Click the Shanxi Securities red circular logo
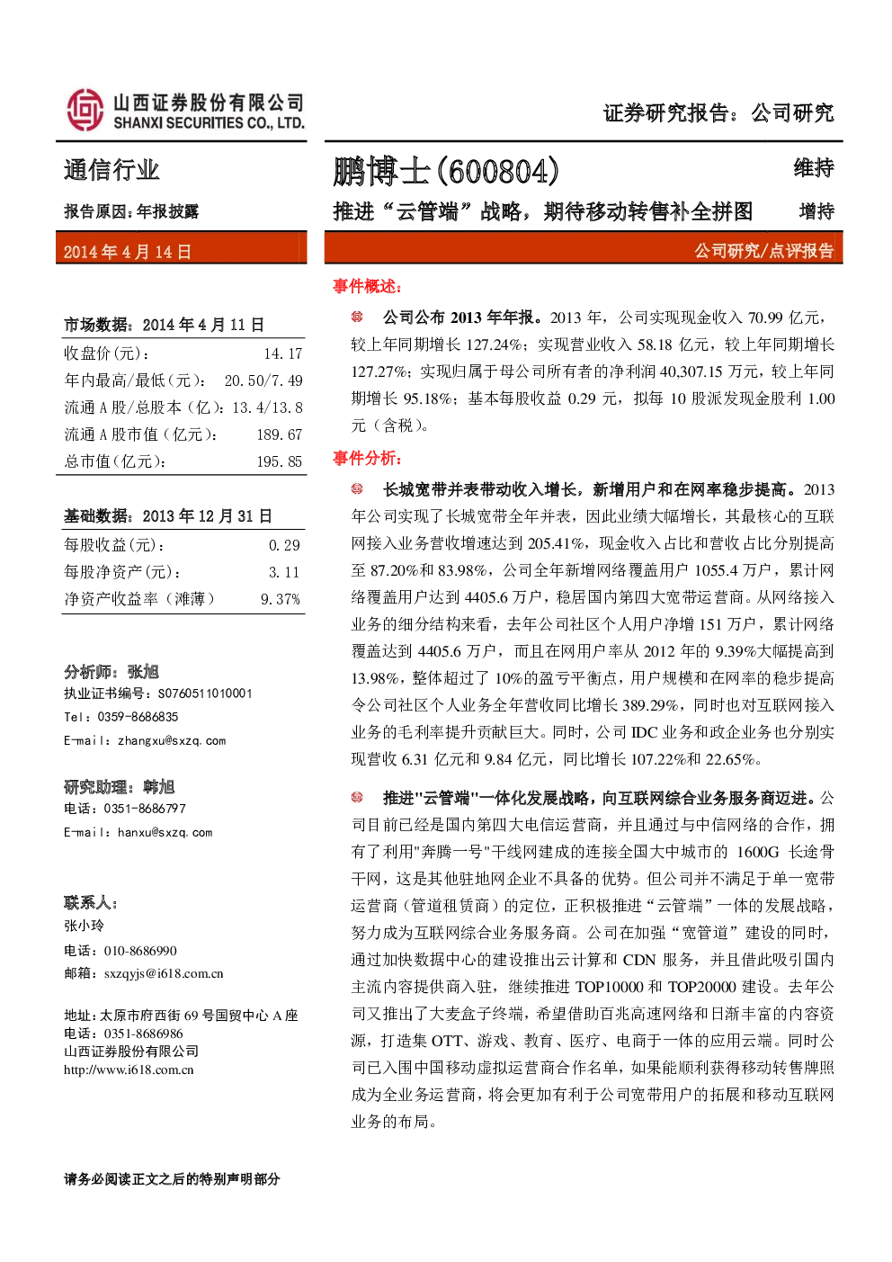(85, 110)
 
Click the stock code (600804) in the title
(498, 171)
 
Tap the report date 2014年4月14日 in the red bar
(128, 252)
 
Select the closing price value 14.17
(283, 354)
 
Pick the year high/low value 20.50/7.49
(263, 380)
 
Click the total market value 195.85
(280, 462)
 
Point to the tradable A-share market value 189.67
(280, 435)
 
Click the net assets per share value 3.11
(284, 572)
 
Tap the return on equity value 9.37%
(280, 599)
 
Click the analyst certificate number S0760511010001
(205, 694)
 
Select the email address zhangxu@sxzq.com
(172, 741)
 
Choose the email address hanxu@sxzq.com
(165, 833)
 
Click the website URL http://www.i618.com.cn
(129, 1070)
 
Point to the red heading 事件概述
(367, 287)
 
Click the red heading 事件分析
(367, 459)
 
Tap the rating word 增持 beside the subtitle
(816, 211)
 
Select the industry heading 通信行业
(111, 170)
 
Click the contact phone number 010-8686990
(140, 951)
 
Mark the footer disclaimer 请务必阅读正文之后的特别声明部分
(172, 1179)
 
